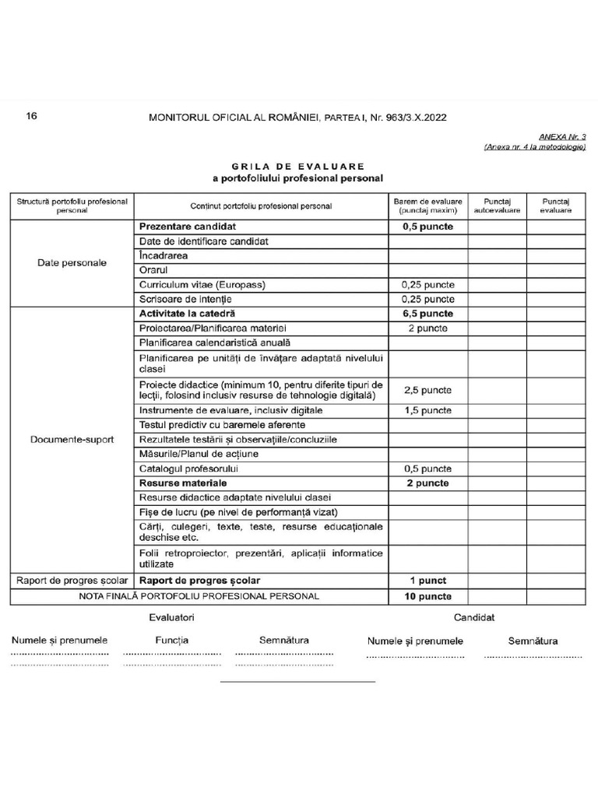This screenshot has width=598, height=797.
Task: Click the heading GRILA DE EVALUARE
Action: (x=297, y=166)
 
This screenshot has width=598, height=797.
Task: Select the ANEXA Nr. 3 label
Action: (x=561, y=136)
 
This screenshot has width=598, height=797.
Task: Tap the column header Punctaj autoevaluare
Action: (x=497, y=205)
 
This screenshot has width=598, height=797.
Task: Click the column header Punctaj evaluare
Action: (x=556, y=205)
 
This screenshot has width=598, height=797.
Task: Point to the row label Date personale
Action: (x=72, y=263)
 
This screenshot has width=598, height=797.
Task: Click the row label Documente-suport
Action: (x=72, y=440)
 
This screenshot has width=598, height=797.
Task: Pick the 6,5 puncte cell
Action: (x=427, y=314)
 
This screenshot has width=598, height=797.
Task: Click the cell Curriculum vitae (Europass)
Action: (x=202, y=285)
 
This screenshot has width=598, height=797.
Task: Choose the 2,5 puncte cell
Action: (x=427, y=390)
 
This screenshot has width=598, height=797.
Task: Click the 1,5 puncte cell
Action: (x=427, y=411)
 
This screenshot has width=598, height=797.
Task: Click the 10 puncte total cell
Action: (x=427, y=596)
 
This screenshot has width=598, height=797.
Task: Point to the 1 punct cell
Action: (x=427, y=581)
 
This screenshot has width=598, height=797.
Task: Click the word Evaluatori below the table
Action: (x=171, y=618)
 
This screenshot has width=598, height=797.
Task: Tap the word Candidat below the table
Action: (x=474, y=618)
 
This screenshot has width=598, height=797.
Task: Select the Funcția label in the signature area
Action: (x=171, y=641)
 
